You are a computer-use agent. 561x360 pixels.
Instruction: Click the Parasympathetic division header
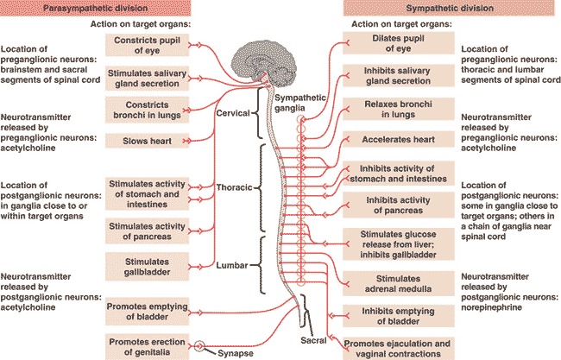tap(95, 8)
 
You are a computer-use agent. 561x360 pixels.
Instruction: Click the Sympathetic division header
tap(450, 8)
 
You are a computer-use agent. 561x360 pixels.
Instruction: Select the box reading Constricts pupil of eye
tap(147, 45)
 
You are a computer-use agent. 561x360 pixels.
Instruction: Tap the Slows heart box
tap(147, 141)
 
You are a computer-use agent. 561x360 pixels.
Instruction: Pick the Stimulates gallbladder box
tap(147, 267)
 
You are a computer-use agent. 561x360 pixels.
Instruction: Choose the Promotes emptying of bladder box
tap(147, 312)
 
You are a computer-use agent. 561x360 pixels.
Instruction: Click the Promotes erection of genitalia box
tap(147, 347)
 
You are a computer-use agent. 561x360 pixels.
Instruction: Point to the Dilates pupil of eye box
tap(399, 43)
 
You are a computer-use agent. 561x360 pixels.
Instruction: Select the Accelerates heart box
tap(399, 139)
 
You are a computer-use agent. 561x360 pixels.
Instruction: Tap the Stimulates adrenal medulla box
tap(399, 283)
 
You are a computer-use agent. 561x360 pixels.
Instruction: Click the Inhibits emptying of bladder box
tap(399, 316)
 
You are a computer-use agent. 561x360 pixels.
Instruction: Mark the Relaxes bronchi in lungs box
tap(399, 109)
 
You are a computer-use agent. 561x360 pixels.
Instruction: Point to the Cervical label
tap(233, 113)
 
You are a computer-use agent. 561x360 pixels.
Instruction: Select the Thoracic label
tap(235, 187)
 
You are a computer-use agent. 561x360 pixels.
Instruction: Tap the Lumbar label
tap(232, 265)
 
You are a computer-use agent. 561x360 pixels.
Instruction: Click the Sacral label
tap(313, 340)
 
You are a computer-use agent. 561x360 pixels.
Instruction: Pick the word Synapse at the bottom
tap(236, 353)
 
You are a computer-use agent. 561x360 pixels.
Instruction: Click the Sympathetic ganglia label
tap(299, 103)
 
